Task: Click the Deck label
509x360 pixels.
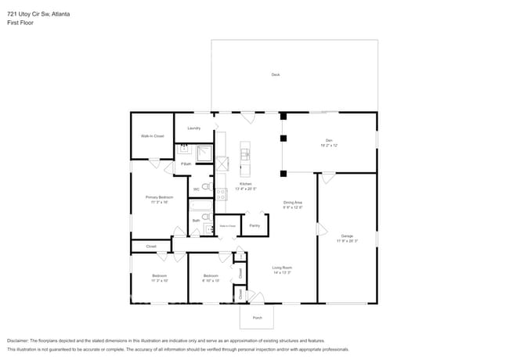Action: click(x=275, y=74)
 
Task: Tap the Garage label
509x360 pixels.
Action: click(x=346, y=237)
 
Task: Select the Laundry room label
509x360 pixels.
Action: click(x=193, y=128)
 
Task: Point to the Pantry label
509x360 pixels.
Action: click(x=254, y=225)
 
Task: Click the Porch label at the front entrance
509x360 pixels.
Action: click(x=257, y=318)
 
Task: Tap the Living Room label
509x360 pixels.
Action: click(x=282, y=268)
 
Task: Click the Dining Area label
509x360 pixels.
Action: click(x=293, y=203)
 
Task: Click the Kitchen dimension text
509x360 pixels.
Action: click(x=244, y=189)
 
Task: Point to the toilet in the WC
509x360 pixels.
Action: click(x=205, y=186)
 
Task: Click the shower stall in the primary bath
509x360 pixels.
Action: click(x=203, y=152)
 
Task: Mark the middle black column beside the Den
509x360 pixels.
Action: click(x=283, y=139)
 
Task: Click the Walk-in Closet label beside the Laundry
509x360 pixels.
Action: click(x=152, y=136)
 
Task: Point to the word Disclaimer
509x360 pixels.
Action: click(x=20, y=340)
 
